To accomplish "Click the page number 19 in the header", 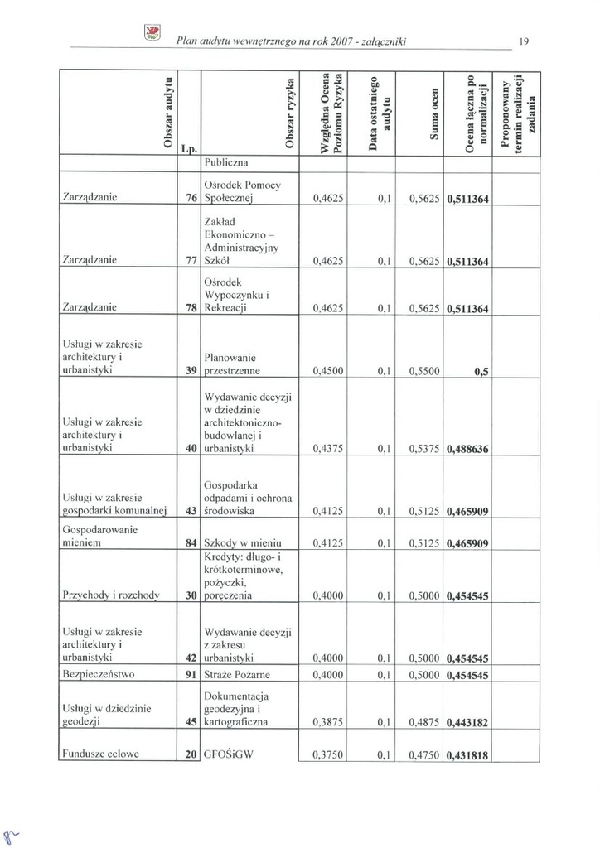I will coord(524,40).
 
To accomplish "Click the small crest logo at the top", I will coord(152,32).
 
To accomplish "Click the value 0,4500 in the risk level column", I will coord(328,371).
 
